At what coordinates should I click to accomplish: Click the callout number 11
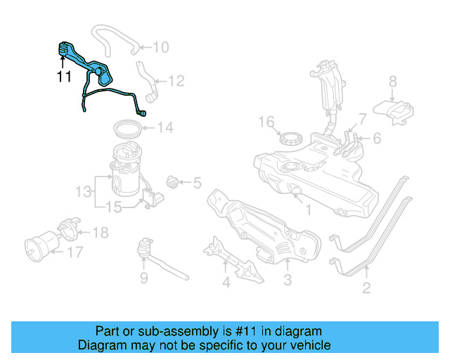coord(64,77)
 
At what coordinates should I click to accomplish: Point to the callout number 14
coord(164,128)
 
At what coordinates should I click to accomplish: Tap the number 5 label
coord(196,184)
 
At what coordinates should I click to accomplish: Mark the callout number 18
coord(101,231)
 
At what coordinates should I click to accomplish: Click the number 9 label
coord(143,278)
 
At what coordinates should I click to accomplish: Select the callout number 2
coord(366,287)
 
